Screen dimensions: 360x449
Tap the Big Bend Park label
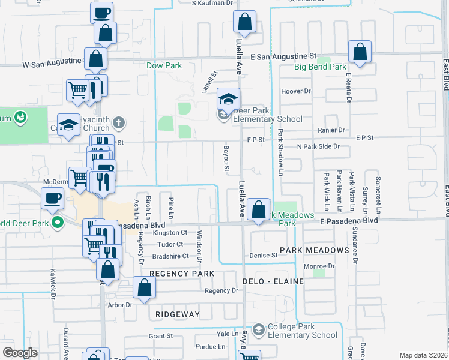point(320,67)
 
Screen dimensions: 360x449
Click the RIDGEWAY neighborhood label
point(177,314)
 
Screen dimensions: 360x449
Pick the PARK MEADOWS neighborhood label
point(314,250)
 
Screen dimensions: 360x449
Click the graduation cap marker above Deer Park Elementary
point(228,98)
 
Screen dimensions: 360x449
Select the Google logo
point(20,353)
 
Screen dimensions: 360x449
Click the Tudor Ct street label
point(170,244)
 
